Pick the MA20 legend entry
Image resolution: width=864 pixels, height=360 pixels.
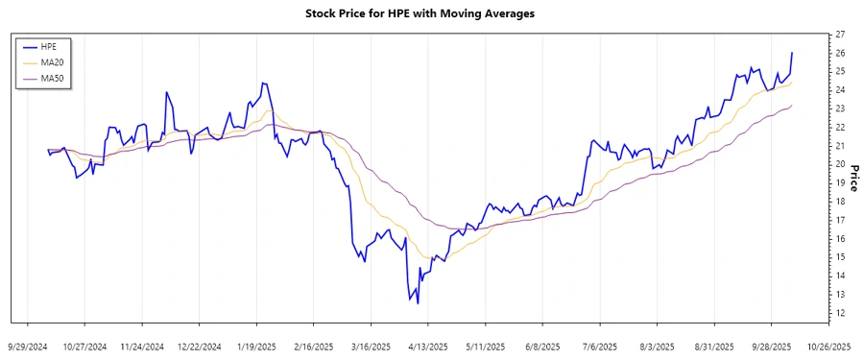click(x=52, y=62)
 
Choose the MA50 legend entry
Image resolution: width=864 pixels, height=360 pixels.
click(x=52, y=78)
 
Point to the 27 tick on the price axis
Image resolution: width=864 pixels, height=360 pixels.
click(x=839, y=35)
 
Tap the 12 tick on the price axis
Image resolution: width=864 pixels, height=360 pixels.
click(x=839, y=313)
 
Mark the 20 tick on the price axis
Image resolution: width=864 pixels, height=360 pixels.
click(x=839, y=164)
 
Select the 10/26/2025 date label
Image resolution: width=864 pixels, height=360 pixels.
click(x=828, y=346)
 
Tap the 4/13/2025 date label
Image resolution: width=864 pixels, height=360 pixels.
click(x=428, y=346)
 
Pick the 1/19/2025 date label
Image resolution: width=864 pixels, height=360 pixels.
click(x=255, y=346)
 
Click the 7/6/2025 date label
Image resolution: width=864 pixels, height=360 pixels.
click(x=600, y=346)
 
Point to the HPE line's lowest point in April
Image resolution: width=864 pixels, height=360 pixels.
click(x=418, y=303)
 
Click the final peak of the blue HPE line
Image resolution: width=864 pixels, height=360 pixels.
click(x=792, y=53)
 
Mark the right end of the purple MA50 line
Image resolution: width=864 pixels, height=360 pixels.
click(x=792, y=106)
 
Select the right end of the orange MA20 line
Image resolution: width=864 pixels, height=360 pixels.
click(x=792, y=81)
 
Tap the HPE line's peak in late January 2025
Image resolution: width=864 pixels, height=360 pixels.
click(x=262, y=83)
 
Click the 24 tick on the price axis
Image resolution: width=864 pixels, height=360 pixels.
click(x=839, y=90)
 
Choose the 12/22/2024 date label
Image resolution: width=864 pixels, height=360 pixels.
click(x=199, y=346)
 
